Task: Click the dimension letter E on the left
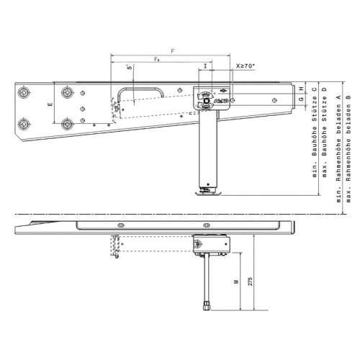tap(50, 105)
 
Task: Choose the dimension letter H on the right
tap(301, 89)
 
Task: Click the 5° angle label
tap(129, 68)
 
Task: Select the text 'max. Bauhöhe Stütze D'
tap(325, 130)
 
